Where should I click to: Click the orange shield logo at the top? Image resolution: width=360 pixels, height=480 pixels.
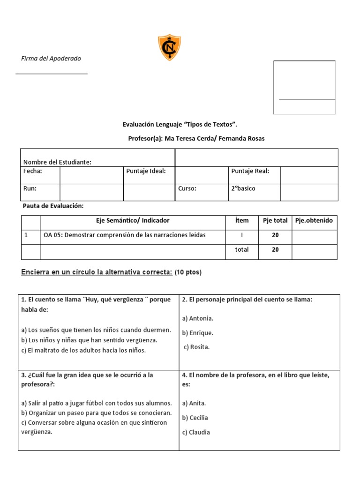pos(169,47)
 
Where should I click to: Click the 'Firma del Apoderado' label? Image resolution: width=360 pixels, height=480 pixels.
pos(51,59)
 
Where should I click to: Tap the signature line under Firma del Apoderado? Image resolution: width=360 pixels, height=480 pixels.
pos(52,74)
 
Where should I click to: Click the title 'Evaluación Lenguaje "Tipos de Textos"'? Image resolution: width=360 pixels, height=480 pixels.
pos(180,124)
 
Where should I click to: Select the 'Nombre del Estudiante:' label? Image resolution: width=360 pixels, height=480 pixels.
pos(57,162)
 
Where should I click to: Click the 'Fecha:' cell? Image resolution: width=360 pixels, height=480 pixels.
pos(33,171)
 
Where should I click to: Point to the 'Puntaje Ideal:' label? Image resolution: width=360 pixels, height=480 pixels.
pos(146,171)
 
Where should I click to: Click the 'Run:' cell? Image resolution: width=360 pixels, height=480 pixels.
pos(30,188)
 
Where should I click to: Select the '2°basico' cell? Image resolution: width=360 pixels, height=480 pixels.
pos(243,188)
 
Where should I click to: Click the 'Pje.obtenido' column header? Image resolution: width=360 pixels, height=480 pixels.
pos(314,220)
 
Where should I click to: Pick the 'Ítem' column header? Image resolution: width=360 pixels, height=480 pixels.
pos(242,220)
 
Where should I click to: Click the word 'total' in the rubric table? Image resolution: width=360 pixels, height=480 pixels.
pos(242,250)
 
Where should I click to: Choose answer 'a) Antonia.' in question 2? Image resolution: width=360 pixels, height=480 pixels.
pos(197,318)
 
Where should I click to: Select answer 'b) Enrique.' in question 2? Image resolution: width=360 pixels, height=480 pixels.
pos(197,333)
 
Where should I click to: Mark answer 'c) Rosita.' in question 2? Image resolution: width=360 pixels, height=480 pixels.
pos(196,347)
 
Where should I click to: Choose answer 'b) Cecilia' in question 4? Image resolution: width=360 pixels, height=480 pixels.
pos(195,418)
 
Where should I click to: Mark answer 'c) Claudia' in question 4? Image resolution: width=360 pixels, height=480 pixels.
pos(196,432)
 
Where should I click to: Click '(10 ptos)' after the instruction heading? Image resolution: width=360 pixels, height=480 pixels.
pos(188,272)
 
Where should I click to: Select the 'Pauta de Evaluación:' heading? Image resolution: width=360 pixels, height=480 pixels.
pos(53,206)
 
